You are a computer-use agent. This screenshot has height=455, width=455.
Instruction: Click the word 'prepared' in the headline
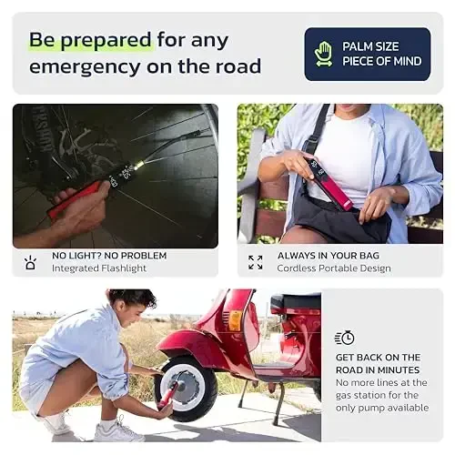coord(106,41)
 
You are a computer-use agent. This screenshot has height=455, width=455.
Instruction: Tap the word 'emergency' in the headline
coord(86,67)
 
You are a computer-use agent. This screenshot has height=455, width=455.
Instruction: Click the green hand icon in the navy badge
coord(323,54)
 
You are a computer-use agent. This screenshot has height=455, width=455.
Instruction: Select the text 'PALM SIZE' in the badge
coord(370,46)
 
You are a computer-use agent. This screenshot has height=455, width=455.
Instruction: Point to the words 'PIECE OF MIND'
coord(382,61)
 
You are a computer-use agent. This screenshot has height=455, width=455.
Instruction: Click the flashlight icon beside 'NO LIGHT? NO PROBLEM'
coord(30,263)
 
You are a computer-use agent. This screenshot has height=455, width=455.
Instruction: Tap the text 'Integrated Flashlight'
coord(99,268)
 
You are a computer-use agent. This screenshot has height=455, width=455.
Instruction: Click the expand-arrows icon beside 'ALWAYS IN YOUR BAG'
coord(256,262)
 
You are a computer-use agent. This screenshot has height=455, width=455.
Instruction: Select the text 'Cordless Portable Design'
coord(334,268)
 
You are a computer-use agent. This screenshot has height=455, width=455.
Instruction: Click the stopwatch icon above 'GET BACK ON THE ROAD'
coord(345,338)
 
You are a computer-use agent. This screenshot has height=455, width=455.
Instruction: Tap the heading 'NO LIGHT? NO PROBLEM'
coord(109,256)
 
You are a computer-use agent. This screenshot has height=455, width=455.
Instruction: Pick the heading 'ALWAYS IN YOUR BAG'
coord(329,256)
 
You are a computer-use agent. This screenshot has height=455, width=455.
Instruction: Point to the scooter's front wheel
coord(186,389)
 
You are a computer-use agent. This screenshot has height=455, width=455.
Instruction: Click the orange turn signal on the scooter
coord(235,320)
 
